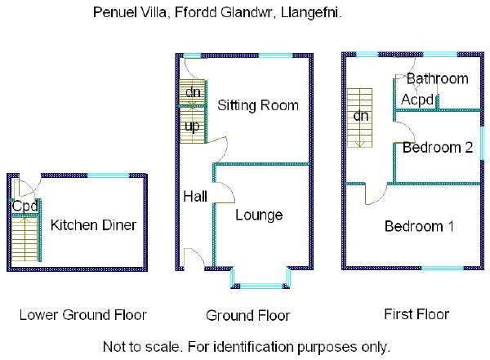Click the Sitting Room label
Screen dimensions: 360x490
[257, 105]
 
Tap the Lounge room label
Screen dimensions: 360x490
[259, 215]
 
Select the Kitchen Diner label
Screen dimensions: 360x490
[92, 225]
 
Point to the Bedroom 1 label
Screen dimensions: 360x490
[419, 226]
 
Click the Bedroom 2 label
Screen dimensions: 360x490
[438, 148]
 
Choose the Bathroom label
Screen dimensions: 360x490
[438, 79]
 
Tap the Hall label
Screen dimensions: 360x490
[194, 197]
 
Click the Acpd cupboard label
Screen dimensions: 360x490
[416, 99]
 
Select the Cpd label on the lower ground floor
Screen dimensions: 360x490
[24, 207]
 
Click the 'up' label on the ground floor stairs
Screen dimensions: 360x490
[192, 127]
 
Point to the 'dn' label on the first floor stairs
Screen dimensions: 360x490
[360, 115]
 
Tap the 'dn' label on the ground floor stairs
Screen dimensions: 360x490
[193, 92]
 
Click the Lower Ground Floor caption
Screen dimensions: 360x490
[82, 314]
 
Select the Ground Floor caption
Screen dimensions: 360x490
[247, 315]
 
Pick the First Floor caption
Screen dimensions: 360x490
[416, 313]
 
